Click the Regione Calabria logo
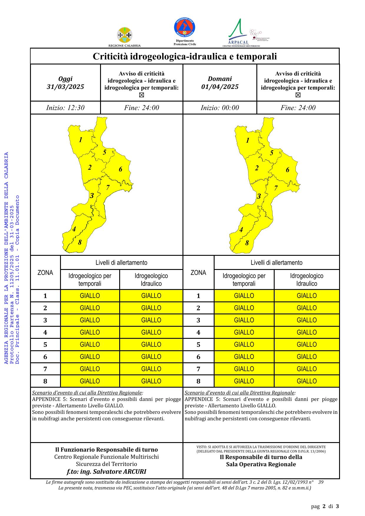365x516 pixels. [125, 35]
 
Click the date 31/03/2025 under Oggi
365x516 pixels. [65, 87]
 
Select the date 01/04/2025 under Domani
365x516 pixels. [220, 87]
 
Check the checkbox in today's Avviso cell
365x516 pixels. [142, 95]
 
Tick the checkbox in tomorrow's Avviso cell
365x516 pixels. [298, 95]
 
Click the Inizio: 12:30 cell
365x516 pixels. [65, 108]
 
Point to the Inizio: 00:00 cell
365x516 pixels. [220, 108]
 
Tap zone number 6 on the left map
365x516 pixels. [120, 169]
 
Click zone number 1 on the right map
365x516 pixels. [248, 140]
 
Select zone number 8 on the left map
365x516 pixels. [80, 243]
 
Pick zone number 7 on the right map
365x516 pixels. [276, 188]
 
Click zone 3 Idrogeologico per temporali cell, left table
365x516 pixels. [90, 320]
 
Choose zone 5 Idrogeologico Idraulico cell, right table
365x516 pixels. [306, 345]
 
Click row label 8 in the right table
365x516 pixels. [198, 381]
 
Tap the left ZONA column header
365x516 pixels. [45, 273]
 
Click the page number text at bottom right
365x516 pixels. [325, 506]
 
